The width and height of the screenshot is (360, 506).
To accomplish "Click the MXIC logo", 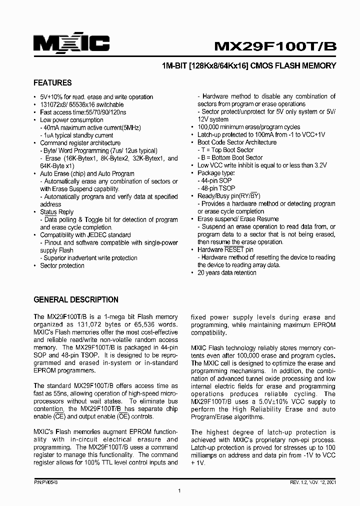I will pyautogui.click(x=71, y=44).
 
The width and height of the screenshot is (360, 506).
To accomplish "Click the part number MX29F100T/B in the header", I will pyautogui.click(x=275, y=46).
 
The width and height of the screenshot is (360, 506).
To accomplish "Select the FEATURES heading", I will pyautogui.click(x=52, y=83).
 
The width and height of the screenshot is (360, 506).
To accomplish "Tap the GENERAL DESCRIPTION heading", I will pyautogui.click(x=76, y=300).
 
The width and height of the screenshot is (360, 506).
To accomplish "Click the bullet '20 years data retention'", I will pyautogui.click(x=226, y=272).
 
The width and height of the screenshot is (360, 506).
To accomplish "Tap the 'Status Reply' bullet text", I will pyautogui.click(x=56, y=212).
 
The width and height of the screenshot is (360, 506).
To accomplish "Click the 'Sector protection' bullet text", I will pyautogui.click(x=62, y=265).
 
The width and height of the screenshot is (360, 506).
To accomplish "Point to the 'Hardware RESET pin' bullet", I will pyautogui.click(x=225, y=249).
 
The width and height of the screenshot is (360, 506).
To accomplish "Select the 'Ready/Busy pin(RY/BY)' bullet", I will pyautogui.click(x=228, y=196).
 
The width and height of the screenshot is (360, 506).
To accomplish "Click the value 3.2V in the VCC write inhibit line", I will pyautogui.click(x=320, y=165).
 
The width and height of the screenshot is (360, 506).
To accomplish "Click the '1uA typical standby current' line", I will pyautogui.click(x=78, y=135).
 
